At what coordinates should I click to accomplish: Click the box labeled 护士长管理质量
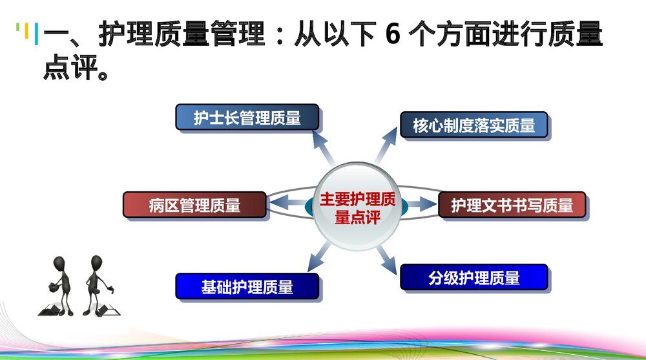click(247, 118)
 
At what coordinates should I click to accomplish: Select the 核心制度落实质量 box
click(474, 125)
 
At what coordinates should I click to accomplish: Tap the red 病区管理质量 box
click(194, 206)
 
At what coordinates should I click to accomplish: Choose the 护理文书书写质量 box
click(512, 206)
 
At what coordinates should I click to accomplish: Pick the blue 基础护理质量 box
click(247, 286)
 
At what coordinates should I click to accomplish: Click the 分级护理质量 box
click(474, 278)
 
